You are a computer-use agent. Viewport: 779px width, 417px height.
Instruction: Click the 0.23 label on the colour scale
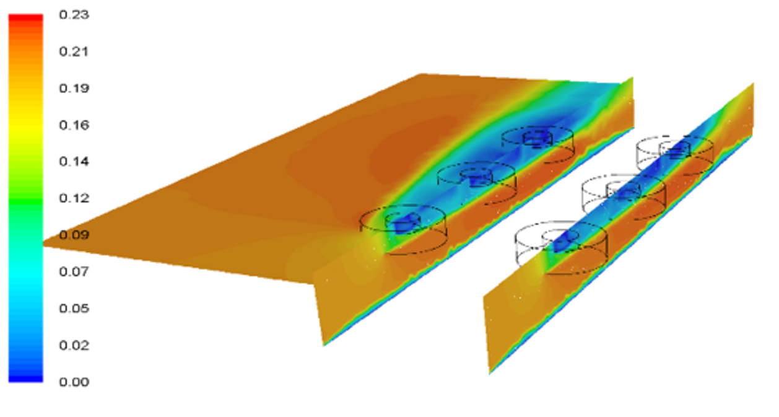[x=74, y=15]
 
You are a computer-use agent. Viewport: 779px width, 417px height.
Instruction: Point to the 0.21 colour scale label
[x=74, y=51]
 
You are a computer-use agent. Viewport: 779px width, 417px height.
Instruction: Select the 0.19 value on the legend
[x=74, y=89]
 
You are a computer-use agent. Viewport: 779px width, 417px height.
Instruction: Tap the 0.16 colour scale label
[x=74, y=125]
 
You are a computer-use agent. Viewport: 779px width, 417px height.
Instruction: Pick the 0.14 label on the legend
[x=74, y=162]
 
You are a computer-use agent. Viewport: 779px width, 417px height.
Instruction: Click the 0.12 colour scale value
[x=74, y=198]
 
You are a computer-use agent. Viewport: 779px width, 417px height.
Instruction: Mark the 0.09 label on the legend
[x=74, y=235]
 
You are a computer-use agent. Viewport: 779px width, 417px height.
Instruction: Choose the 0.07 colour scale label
[x=74, y=271]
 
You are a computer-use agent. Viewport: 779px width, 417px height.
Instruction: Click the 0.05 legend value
[x=74, y=309]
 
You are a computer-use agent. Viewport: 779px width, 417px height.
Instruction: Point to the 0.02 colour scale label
[x=74, y=345]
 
